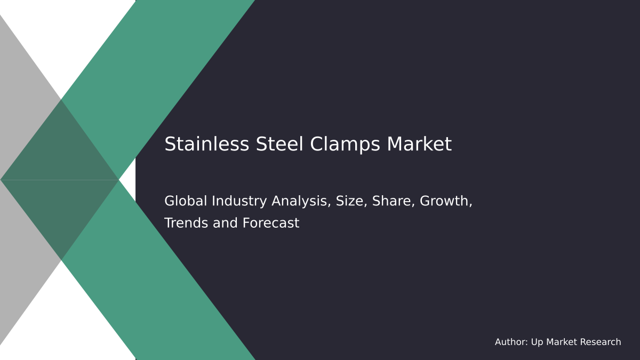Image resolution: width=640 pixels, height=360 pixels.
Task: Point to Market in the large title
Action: pyautogui.click(x=419, y=145)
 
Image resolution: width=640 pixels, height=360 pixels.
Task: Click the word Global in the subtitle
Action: pyautogui.click(x=186, y=201)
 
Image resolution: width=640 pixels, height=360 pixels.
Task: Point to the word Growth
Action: pyautogui.click(x=446, y=202)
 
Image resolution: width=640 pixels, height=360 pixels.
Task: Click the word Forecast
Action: pyautogui.click(x=271, y=223)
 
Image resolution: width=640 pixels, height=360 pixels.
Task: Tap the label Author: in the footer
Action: pyautogui.click(x=511, y=342)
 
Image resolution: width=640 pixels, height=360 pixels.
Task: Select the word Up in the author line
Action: pyautogui.click(x=537, y=342)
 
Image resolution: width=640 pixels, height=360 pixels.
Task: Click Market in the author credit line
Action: pyautogui.click(x=562, y=342)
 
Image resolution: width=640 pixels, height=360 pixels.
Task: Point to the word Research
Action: pyautogui.click(x=601, y=342)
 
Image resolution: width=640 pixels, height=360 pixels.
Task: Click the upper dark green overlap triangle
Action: pyautogui.click(x=60, y=152)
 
